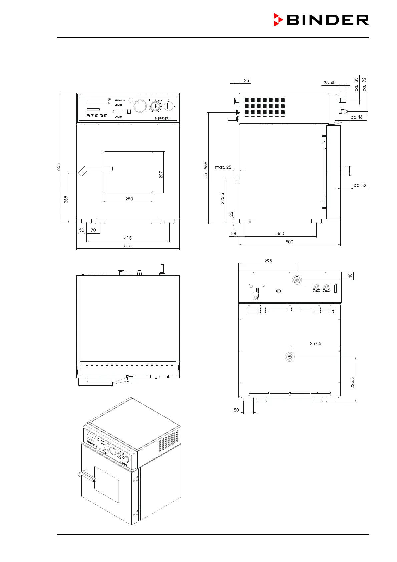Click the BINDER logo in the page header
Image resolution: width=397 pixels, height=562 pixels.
point(321,20)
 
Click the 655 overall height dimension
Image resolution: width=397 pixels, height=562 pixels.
point(59,167)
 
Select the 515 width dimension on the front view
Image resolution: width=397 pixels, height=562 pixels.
point(128,245)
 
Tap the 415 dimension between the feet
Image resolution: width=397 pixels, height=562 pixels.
point(128,238)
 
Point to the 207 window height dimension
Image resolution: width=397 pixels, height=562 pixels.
point(161,175)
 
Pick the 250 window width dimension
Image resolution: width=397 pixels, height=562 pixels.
point(129,199)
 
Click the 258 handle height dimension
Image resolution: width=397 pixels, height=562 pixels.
point(66,199)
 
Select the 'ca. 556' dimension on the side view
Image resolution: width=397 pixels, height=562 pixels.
point(206,170)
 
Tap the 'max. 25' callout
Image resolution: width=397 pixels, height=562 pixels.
point(223,167)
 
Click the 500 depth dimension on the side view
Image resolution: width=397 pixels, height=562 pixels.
point(289,242)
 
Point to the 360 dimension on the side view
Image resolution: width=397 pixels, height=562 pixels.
point(280,233)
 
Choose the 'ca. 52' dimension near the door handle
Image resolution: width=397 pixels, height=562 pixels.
point(360,185)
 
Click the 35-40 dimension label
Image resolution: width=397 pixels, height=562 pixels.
point(330,83)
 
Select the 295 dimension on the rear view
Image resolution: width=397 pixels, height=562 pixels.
point(268,261)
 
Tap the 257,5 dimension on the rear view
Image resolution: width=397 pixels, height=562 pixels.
point(315,343)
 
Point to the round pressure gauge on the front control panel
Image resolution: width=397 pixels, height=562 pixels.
point(140,106)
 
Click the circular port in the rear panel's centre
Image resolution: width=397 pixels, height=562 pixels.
point(290,357)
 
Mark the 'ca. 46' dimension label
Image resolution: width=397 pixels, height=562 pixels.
point(357,117)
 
